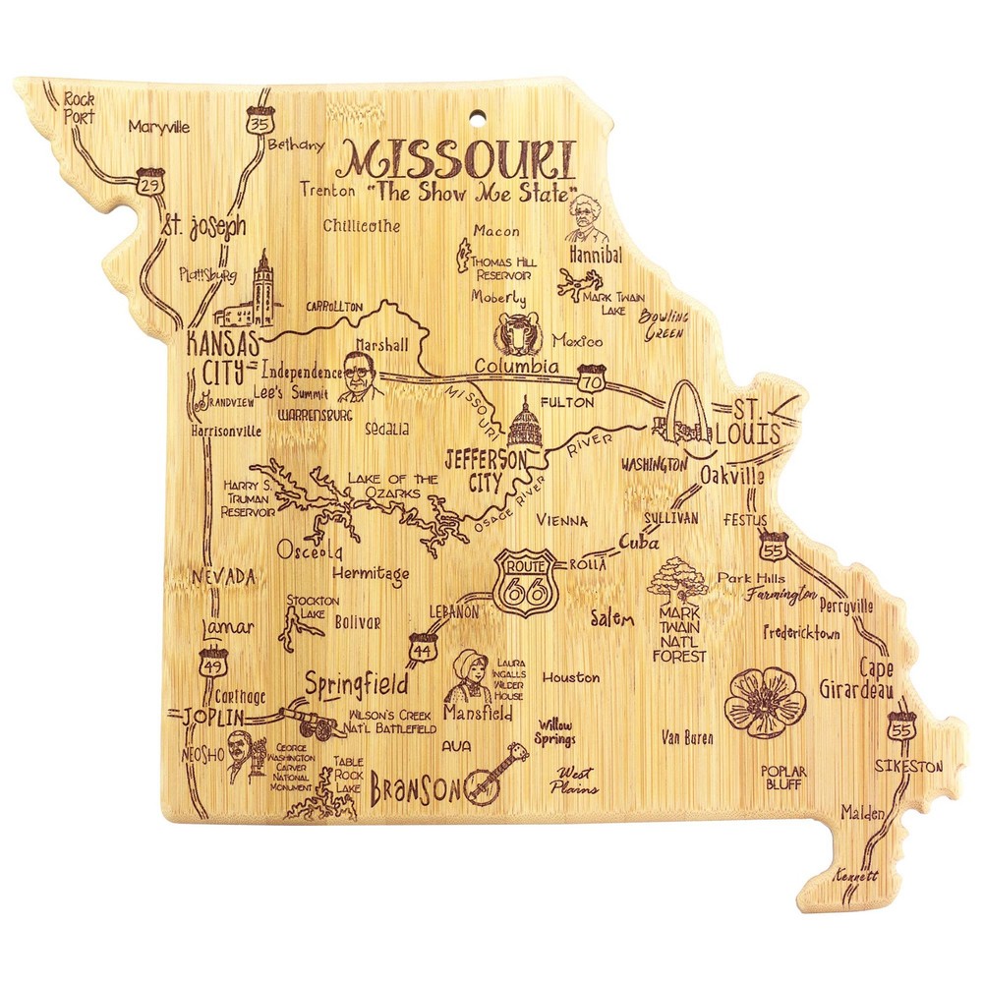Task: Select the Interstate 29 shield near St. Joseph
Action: point(152,185)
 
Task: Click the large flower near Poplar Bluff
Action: point(765,701)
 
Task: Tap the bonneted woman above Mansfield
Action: point(468,675)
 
